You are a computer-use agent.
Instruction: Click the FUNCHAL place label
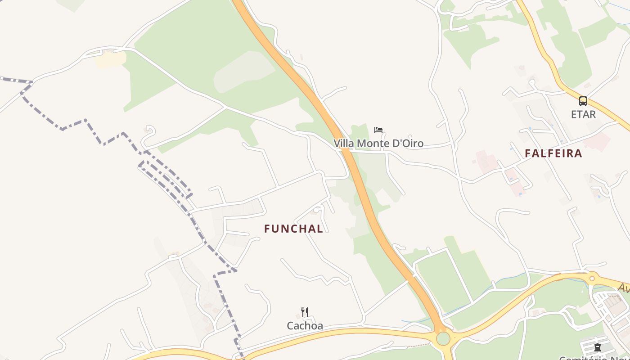pos(293,229)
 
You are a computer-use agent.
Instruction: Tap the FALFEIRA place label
pos(553,153)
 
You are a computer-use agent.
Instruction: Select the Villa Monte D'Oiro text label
pos(378,144)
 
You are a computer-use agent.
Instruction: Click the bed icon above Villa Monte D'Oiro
pos(378,130)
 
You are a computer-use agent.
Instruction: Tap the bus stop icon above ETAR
pos(583,101)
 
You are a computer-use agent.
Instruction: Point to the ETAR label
pos(583,114)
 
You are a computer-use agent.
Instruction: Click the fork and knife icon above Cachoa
pos(305,312)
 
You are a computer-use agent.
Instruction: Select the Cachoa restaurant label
pos(305,325)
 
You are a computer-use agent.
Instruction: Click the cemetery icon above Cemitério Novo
pos(597,347)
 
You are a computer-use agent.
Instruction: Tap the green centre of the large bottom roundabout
pos(443,338)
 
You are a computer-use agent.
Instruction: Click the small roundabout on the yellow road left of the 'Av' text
pos(592,279)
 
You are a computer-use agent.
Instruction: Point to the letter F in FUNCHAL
pos(267,229)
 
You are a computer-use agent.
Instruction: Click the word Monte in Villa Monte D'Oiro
pos(378,144)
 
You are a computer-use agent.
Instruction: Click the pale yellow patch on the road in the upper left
pos(109,59)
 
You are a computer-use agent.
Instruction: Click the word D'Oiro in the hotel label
pos(409,144)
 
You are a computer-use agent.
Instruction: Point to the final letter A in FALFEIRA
pos(578,153)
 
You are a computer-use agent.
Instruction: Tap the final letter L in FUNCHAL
pos(320,229)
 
